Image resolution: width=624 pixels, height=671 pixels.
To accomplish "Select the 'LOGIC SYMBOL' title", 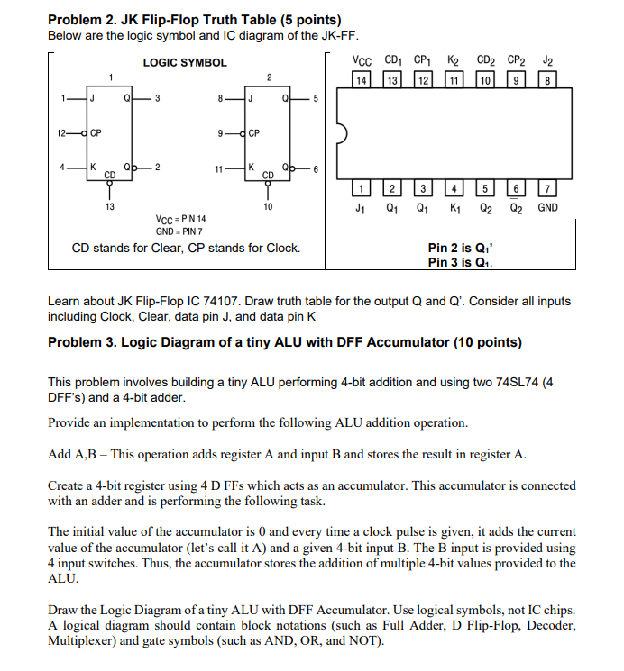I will point(185,63).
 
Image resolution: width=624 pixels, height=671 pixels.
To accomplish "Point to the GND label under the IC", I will point(547,208).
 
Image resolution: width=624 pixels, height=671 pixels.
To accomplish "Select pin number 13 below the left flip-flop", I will point(110,207).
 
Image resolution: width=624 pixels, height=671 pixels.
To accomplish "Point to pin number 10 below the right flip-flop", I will point(268,207).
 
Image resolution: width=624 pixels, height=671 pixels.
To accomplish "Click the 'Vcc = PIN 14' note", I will point(180,219).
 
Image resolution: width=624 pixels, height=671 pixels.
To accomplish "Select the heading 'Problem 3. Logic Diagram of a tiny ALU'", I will point(284,342).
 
